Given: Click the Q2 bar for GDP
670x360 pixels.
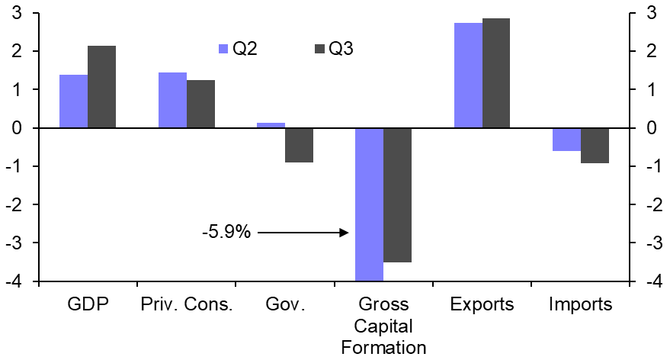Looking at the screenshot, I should pos(73,101).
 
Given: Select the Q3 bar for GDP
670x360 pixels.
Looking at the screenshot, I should pos(101,87).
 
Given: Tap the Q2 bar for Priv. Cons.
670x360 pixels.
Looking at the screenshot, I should pos(172,100).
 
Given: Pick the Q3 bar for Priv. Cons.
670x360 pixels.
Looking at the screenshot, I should pos(200,104).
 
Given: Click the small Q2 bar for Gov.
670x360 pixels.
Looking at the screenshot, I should pos(271,125).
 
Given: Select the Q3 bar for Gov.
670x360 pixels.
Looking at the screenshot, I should pos(299,145).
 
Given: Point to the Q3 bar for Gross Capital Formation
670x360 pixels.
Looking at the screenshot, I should pos(397,195).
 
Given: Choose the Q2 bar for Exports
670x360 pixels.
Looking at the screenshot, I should pos(468,76).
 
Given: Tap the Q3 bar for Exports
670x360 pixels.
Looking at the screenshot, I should pos(496,73).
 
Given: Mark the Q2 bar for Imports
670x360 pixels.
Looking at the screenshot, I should pos(566,140).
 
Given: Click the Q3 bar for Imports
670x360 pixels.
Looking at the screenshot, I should pos(595,146).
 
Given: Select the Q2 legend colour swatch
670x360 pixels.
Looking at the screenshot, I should pos(223,49).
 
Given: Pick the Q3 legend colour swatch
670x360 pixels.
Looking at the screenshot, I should pos(320,49).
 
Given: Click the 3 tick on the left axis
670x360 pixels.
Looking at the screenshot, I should pos(16,13).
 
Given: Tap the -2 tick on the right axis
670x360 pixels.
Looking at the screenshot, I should pos(651,204).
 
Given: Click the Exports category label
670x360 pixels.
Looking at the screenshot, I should pos(482,304).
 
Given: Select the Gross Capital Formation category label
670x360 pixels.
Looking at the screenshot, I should pos(383,326).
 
